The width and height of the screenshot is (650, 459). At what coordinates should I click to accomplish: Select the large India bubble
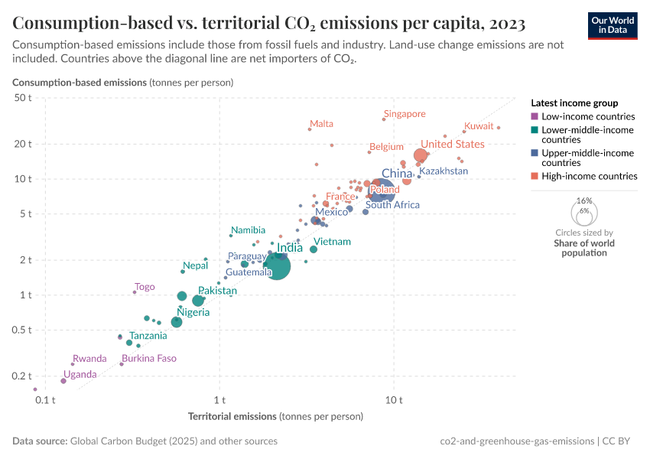pos(276,266)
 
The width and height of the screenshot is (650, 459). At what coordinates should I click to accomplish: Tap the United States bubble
pos(420,155)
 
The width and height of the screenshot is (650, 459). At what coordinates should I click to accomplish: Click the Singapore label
pos(405,114)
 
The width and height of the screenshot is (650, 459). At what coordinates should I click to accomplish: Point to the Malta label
pos(321,124)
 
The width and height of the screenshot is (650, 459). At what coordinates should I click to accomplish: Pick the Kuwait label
pos(479,125)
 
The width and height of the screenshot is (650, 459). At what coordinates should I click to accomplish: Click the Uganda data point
pos(63,380)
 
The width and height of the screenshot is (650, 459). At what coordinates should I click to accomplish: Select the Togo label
pos(145,287)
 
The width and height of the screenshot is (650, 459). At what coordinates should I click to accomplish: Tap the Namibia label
pos(249,229)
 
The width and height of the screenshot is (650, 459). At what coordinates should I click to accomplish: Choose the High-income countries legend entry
pos(589,176)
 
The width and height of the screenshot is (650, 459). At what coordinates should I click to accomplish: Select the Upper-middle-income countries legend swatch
pos(535,153)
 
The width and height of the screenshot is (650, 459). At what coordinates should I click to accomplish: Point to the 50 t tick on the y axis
pos(21,98)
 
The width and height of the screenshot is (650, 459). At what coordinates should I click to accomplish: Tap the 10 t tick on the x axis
pos(395,400)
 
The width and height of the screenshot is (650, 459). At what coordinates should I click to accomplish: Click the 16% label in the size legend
pos(584,200)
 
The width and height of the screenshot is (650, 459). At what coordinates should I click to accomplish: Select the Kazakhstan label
pos(444,171)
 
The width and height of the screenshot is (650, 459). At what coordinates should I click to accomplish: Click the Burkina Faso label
pos(149,358)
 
